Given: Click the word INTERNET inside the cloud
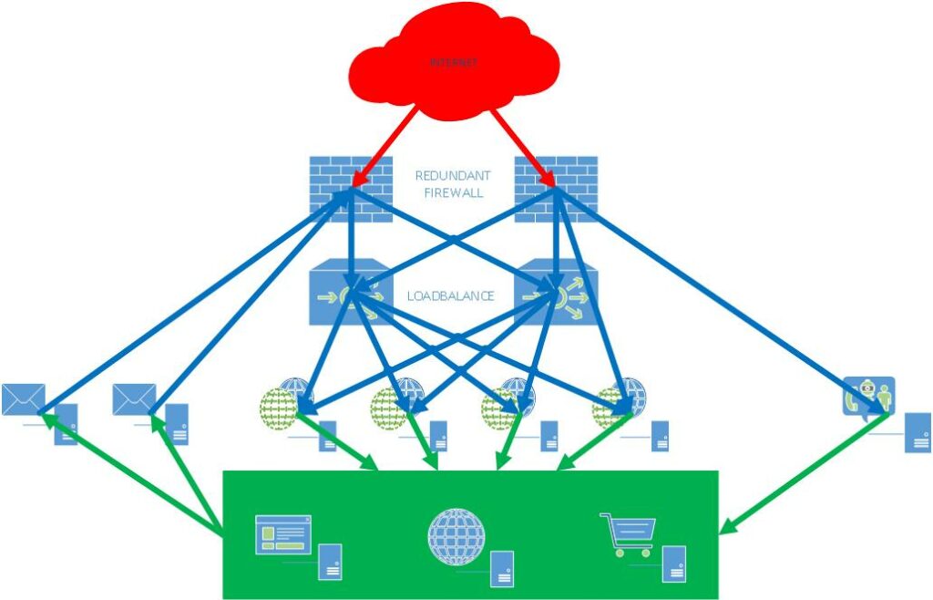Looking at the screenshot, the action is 454,62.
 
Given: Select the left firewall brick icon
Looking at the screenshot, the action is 351,190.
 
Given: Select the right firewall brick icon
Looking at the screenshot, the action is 556,190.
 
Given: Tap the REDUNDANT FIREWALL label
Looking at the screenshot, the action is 453,184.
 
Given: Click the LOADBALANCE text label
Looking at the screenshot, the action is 450,295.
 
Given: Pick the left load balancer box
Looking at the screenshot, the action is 351,292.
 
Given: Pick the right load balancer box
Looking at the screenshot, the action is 556,292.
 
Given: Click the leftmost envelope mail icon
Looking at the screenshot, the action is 23,399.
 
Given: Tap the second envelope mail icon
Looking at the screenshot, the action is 135,399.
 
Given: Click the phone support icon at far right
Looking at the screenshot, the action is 868,396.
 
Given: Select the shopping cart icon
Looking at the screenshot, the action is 629,534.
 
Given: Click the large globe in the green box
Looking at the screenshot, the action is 456,537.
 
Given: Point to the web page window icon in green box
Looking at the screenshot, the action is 283,534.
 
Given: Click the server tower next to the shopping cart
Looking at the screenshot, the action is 674,564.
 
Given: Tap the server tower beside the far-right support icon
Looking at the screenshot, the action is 918,433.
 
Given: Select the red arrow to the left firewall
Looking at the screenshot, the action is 384,147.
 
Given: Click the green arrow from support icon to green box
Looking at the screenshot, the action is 805,474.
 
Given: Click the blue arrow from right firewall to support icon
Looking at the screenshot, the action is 722,301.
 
